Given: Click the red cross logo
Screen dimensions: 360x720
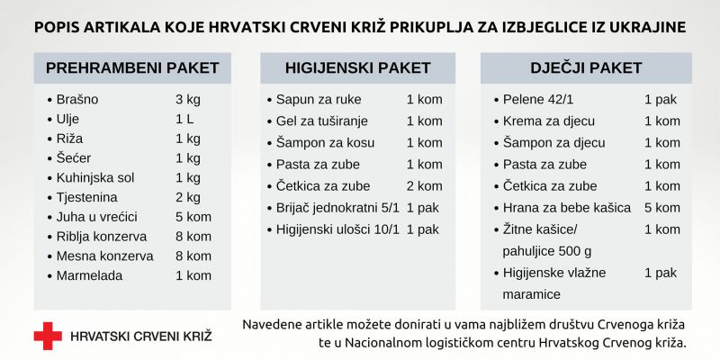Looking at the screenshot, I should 48,336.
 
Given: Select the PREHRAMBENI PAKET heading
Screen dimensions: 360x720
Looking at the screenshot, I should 131,68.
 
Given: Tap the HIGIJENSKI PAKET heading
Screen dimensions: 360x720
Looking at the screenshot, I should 357,68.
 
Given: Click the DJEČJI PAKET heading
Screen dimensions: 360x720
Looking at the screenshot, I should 586,68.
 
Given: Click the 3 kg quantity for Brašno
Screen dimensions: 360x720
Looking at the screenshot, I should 187,99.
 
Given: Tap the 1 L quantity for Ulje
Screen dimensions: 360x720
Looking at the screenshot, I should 184,119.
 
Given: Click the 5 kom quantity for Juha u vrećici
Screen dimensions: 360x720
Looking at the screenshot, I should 193,217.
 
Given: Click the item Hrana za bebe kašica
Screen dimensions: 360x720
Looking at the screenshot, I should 567,208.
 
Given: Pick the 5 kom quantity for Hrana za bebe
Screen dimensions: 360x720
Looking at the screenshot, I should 661,208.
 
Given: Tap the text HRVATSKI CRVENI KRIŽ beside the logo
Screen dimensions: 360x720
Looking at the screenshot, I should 141,336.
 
